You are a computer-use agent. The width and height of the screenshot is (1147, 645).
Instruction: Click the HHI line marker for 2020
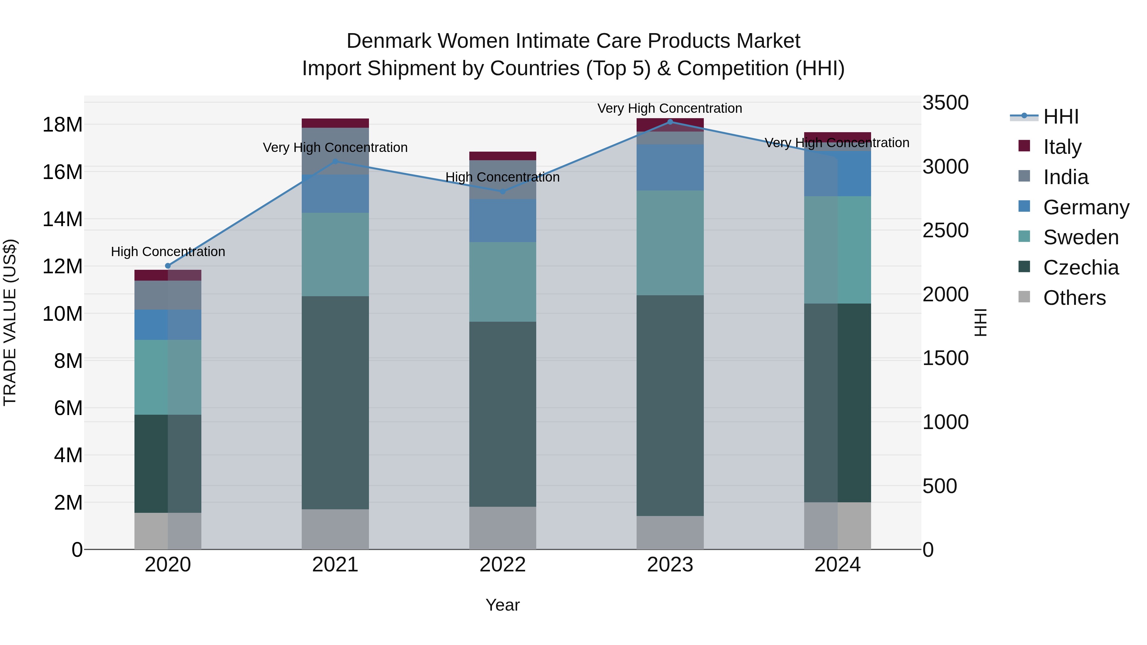[x=168, y=266]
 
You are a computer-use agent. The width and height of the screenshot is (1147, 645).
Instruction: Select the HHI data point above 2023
[x=670, y=122]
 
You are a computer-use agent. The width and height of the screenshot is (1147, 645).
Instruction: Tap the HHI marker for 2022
[x=503, y=191]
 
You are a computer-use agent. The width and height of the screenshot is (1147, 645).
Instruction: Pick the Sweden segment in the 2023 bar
[x=670, y=243]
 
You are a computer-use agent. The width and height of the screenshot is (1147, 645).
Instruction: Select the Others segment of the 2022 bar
[x=503, y=528]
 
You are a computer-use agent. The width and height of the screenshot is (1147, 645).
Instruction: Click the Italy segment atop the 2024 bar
[x=838, y=136]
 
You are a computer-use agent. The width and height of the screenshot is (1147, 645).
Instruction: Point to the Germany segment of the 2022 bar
[x=503, y=220]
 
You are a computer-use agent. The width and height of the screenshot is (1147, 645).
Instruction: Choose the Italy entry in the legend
[x=1062, y=147]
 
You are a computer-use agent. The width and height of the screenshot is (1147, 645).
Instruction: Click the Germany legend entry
[x=1086, y=207]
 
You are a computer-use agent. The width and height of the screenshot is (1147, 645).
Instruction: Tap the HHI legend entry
[x=1061, y=117]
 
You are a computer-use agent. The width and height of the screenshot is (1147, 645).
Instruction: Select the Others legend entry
[x=1074, y=297]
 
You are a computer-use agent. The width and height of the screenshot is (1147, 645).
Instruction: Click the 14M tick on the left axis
[x=62, y=219]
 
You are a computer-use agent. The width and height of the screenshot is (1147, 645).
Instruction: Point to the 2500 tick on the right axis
[x=945, y=231]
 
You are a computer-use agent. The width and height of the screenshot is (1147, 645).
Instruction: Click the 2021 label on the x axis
[x=335, y=564]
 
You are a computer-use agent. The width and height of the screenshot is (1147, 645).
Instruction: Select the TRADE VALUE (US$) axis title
[x=10, y=322]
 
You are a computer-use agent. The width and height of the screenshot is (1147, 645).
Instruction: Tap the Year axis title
[x=503, y=605]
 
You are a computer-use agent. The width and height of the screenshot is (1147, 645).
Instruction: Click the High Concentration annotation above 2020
[x=168, y=252]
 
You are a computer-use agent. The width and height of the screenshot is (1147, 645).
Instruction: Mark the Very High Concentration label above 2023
[x=670, y=108]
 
